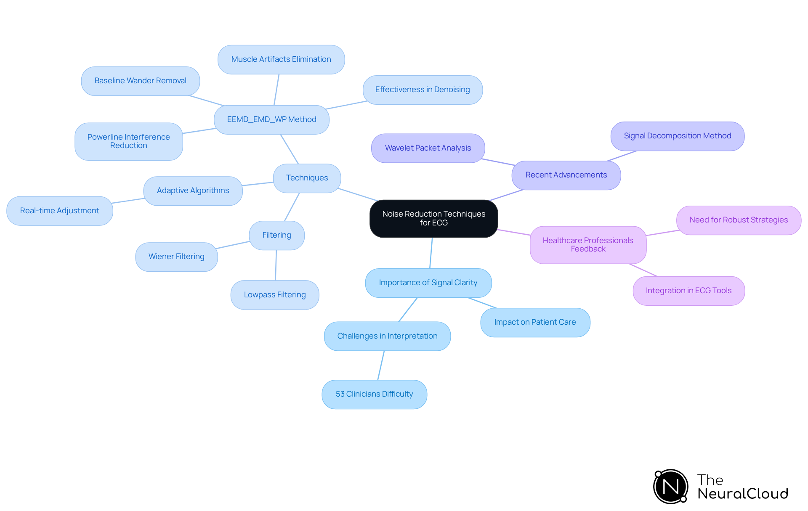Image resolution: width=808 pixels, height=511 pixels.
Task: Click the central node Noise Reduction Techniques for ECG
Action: point(433,218)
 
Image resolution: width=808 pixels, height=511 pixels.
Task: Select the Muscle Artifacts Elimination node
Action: point(281,59)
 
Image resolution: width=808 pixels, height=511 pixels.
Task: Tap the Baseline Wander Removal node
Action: point(140,81)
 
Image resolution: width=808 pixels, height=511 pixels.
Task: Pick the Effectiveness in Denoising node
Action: point(423,90)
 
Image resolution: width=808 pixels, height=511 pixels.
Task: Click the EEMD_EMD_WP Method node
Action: point(271,119)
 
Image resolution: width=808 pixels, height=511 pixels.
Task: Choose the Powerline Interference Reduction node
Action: point(128,141)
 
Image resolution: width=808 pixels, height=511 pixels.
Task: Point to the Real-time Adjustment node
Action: point(60,211)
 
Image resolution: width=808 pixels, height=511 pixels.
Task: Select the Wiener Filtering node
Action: point(176,257)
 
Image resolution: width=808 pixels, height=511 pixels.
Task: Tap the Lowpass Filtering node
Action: point(275,295)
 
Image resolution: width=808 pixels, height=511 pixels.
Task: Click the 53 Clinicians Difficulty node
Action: point(374,394)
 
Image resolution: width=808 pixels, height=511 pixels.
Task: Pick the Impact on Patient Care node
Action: point(535,322)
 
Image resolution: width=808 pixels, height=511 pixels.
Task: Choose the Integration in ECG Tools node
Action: point(688,291)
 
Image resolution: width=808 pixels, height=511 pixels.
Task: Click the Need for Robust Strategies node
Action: point(739,220)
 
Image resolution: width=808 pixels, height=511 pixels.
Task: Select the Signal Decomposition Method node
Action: point(677,136)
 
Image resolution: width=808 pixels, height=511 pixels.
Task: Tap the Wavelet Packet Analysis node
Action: point(428,148)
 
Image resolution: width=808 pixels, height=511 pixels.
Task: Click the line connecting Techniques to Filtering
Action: point(292,207)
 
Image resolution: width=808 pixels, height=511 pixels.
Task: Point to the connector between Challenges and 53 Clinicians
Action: point(381,365)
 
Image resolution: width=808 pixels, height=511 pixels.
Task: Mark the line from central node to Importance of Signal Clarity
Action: point(431,253)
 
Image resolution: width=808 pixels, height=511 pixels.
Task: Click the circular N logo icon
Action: point(671,487)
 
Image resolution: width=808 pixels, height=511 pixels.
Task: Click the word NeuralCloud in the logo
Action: point(743,494)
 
